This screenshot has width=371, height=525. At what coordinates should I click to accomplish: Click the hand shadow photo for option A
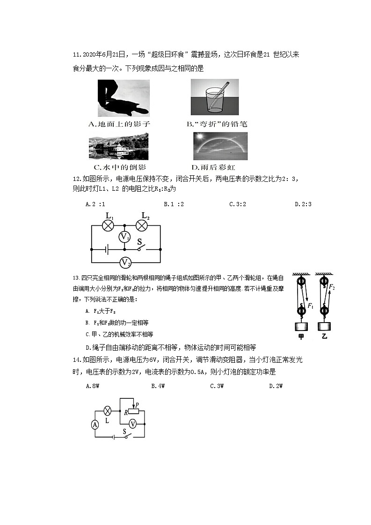pyautogui.click(x=124, y=98)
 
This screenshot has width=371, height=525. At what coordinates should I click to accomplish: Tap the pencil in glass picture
pyautogui.click(x=214, y=97)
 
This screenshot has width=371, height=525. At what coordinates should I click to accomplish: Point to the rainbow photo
pyautogui.click(x=220, y=146)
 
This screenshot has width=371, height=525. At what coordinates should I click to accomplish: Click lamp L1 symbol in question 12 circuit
pyautogui.click(x=109, y=225)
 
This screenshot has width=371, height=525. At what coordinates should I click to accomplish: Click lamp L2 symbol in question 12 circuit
pyautogui.click(x=142, y=225)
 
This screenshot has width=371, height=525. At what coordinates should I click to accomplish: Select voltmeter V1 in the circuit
pyautogui.click(x=124, y=237)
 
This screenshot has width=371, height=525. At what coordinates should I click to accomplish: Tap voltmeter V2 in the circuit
pyautogui.click(x=125, y=262)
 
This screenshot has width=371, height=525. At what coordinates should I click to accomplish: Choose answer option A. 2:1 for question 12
pyautogui.click(x=95, y=204)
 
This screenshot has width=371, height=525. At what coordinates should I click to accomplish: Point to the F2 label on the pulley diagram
pyautogui.click(x=332, y=287)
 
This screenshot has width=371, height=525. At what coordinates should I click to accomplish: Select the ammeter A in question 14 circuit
pyautogui.click(x=95, y=424)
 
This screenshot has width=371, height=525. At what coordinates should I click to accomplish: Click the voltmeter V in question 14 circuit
pyautogui.click(x=132, y=424)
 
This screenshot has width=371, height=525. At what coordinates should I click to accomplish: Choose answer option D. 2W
pyautogui.click(x=276, y=386)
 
